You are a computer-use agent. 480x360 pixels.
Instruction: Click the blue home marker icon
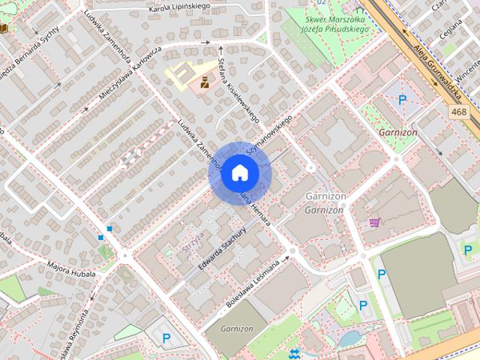[239, 173]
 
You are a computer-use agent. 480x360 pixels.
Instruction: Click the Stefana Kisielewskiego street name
[237, 91]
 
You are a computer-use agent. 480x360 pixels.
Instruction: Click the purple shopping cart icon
[373, 222]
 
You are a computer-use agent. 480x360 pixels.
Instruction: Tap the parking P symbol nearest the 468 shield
[403, 100]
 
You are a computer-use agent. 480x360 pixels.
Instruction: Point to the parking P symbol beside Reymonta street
[166, 338]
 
